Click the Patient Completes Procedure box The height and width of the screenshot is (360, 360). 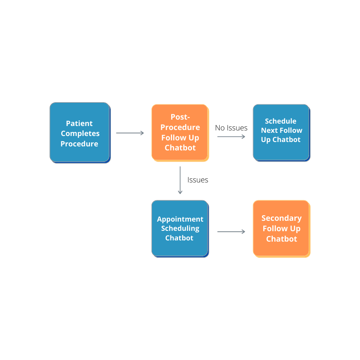(80, 132)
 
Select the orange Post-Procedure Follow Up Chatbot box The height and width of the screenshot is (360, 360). (180, 132)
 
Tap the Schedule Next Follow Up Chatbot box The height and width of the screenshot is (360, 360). (281, 132)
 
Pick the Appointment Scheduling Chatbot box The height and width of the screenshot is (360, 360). (180, 228)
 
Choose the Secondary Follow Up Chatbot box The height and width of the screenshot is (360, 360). (281, 228)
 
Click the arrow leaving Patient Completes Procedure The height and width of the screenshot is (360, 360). (130, 133)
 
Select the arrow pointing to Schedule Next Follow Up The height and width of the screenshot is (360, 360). (231, 136)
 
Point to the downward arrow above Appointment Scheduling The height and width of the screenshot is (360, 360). (180, 180)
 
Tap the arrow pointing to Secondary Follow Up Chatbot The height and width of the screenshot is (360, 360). (231, 232)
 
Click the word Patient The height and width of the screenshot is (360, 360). (79, 123)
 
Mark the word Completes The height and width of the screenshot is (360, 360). (80, 134)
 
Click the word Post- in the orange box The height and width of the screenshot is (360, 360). (180, 117)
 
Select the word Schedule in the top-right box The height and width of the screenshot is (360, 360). (280, 121)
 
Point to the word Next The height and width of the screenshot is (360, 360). (270, 130)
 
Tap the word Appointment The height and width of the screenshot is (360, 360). (180, 219)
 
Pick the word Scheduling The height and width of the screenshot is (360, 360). (180, 228)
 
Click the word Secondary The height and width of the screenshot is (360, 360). (281, 218)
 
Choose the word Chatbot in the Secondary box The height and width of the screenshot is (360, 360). (282, 239)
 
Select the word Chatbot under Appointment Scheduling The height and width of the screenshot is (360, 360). (179, 238)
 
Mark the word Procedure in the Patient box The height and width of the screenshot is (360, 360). (79, 144)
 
